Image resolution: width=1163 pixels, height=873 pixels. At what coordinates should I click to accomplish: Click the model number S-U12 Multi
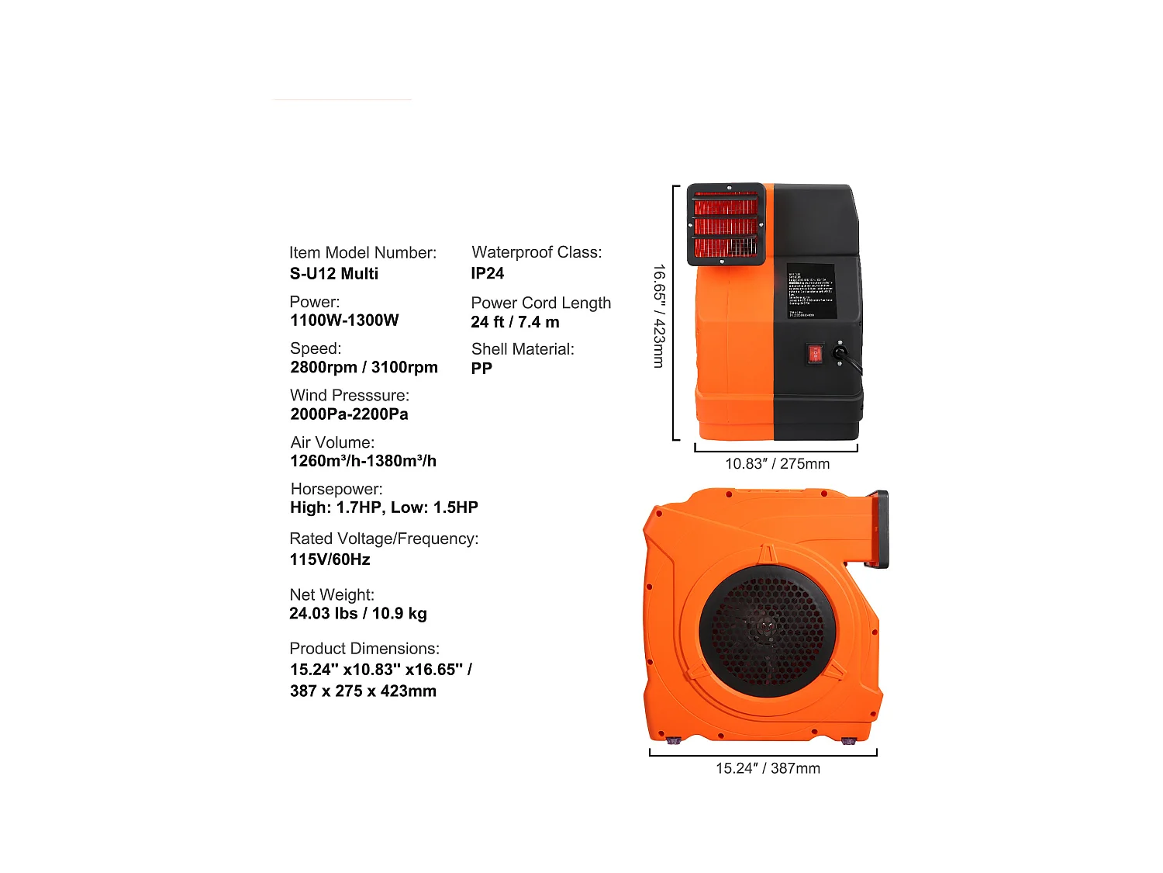pyautogui.click(x=334, y=274)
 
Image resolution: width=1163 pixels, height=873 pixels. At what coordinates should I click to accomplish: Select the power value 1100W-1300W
pyautogui.click(x=344, y=320)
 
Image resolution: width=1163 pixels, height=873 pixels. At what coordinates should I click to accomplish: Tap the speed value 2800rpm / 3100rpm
pyautogui.click(x=364, y=367)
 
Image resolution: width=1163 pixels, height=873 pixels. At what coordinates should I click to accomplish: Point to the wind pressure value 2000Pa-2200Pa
pyautogui.click(x=349, y=414)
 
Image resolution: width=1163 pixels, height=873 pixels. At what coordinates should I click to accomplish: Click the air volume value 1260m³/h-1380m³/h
pyautogui.click(x=363, y=461)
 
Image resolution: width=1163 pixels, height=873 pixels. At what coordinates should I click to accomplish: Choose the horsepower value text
pyautogui.click(x=384, y=508)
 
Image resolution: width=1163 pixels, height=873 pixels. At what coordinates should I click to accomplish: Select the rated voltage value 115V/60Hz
pyautogui.click(x=330, y=559)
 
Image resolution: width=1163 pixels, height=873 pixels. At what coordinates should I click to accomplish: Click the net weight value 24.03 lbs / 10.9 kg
pyautogui.click(x=357, y=614)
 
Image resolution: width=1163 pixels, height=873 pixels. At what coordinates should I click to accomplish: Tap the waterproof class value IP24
pyautogui.click(x=487, y=274)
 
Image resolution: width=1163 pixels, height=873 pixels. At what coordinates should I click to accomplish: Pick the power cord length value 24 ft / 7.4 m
pyautogui.click(x=515, y=322)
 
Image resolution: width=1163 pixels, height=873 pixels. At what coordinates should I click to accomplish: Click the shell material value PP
pyautogui.click(x=481, y=369)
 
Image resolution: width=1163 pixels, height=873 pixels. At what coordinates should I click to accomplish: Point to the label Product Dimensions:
pyautogui.click(x=364, y=649)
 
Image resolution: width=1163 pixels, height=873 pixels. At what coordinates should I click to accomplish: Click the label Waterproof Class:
pyautogui.click(x=537, y=252)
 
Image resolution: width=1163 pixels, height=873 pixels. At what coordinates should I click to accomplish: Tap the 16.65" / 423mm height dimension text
pyautogui.click(x=659, y=316)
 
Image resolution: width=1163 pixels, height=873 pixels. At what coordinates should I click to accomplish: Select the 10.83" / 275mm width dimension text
pyautogui.click(x=777, y=464)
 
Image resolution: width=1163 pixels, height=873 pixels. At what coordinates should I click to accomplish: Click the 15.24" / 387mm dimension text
pyautogui.click(x=768, y=768)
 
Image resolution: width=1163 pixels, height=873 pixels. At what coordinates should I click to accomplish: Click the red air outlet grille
pyautogui.click(x=726, y=225)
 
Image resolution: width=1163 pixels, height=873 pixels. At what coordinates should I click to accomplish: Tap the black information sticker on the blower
pyautogui.click(x=811, y=291)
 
